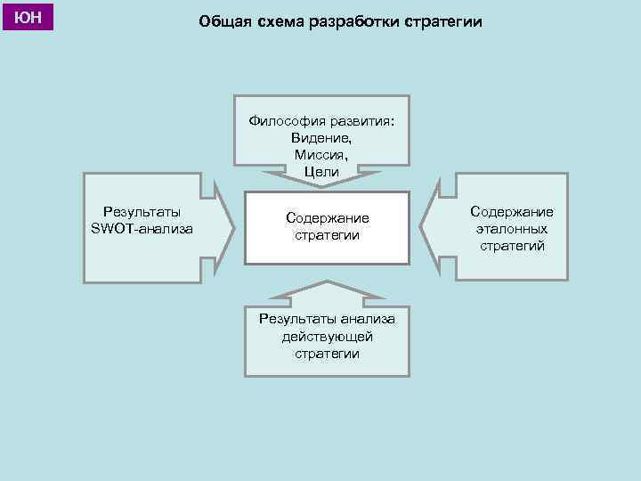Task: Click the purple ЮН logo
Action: click(x=28, y=17)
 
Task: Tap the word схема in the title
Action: click(x=280, y=21)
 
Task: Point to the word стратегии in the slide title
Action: click(x=441, y=21)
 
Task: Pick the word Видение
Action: click(x=321, y=139)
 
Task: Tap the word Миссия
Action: click(x=321, y=155)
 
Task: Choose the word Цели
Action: click(x=321, y=171)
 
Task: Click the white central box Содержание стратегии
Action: click(x=327, y=227)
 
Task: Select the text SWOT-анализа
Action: click(x=142, y=229)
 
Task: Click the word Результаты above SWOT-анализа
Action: click(x=142, y=212)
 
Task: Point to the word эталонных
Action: click(x=512, y=228)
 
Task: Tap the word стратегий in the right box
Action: click(x=512, y=245)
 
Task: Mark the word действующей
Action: click(x=327, y=337)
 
